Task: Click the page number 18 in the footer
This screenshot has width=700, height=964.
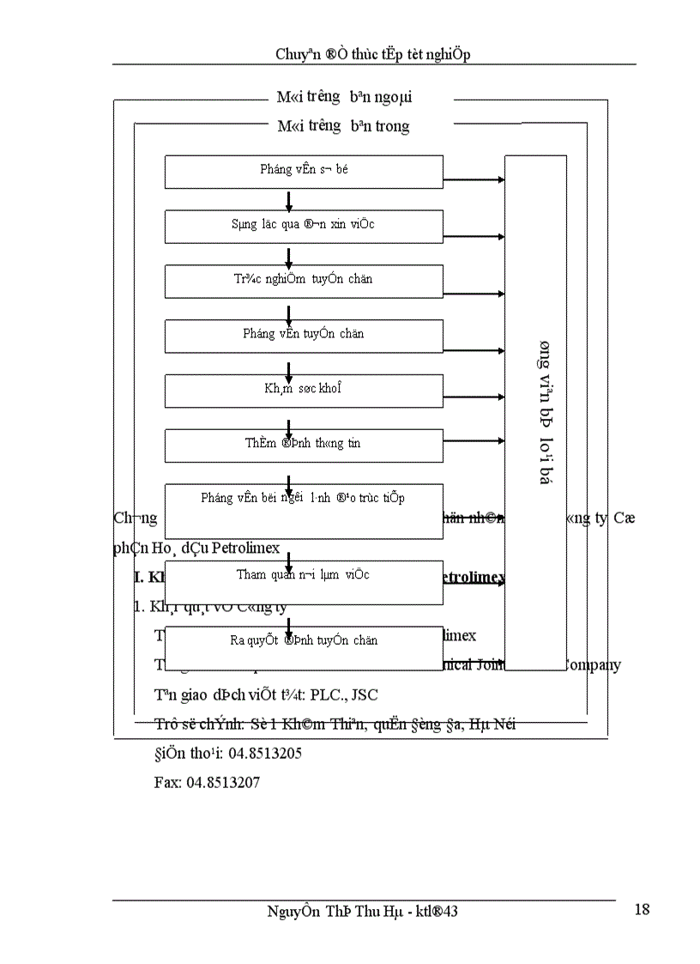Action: (641, 910)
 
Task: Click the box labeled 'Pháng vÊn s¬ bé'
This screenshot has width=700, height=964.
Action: (304, 171)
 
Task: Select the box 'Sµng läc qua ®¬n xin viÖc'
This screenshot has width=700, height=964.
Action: (304, 226)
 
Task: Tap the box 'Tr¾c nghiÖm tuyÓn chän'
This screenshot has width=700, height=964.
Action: (304, 281)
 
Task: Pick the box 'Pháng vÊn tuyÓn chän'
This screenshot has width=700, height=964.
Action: (304, 335)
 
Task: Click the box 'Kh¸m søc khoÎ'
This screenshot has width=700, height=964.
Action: (304, 390)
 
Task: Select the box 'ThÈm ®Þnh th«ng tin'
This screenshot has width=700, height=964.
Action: (304, 445)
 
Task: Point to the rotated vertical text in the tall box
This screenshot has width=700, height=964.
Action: (544, 413)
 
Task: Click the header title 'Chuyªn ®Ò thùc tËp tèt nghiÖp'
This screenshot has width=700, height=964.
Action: (372, 54)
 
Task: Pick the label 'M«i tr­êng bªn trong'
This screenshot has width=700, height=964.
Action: (344, 126)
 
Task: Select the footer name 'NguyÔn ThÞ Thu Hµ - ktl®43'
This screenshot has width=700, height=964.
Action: (363, 912)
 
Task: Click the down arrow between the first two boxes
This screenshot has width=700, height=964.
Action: (289, 201)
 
